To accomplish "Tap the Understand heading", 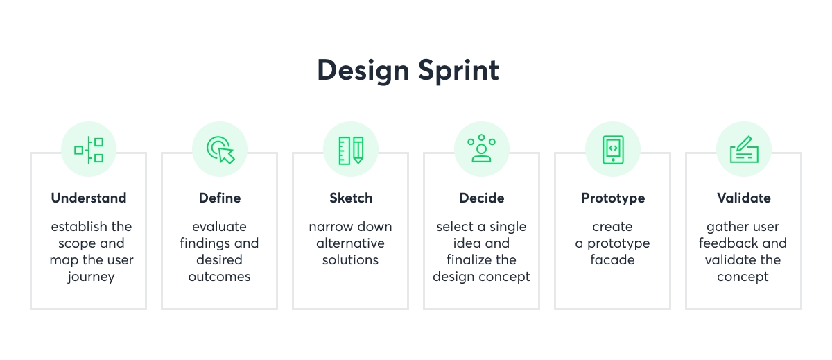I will click(89, 198).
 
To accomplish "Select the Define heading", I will click(220, 198).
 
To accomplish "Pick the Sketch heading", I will click(351, 198).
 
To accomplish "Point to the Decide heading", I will click(481, 198).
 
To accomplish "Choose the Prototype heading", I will click(613, 198).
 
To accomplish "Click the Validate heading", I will click(743, 198).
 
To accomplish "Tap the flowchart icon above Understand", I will click(89, 150).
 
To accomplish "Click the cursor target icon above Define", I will click(220, 150).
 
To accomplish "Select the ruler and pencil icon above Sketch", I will click(351, 150).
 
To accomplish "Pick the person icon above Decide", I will click(481, 149).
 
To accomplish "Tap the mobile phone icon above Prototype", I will click(613, 150).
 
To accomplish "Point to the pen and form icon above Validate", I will click(743, 150).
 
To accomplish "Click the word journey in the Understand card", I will click(91, 277).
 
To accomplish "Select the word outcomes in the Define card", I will click(219, 277).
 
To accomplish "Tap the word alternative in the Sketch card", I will click(350, 243).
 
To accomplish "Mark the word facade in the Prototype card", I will click(612, 260).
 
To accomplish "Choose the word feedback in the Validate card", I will click(728, 243).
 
